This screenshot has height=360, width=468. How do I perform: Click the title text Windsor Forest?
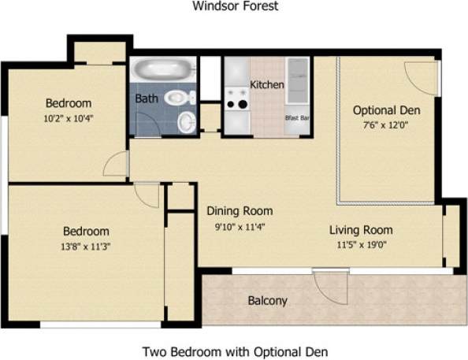236,7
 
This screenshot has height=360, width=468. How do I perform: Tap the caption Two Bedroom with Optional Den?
234,351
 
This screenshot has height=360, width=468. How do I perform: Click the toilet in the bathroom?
182,98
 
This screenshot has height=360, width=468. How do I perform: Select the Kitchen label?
267,84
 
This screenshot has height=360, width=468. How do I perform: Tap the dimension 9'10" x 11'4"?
240,227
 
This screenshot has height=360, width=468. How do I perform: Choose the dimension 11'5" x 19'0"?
361,246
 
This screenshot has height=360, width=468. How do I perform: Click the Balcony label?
267,300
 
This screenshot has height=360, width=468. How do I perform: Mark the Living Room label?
361,230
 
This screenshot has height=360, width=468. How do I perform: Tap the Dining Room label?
240,211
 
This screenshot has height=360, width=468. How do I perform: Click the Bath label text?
146,99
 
